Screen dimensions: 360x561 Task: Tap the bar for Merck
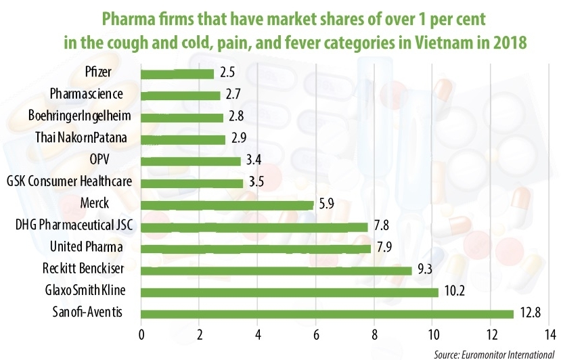pyautogui.click(x=227, y=204)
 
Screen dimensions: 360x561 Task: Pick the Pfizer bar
pyautogui.click(x=177, y=73)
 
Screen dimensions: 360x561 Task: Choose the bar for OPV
pyautogui.click(x=190, y=161)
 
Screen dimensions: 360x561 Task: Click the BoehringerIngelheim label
pyautogui.click(x=80, y=116)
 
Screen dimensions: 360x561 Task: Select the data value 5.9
pyautogui.click(x=325, y=204)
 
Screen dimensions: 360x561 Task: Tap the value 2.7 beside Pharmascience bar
pyautogui.click(x=231, y=95)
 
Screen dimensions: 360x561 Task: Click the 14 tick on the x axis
pyautogui.click(x=550, y=334)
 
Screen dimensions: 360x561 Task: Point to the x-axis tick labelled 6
pyautogui.click(x=316, y=334)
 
